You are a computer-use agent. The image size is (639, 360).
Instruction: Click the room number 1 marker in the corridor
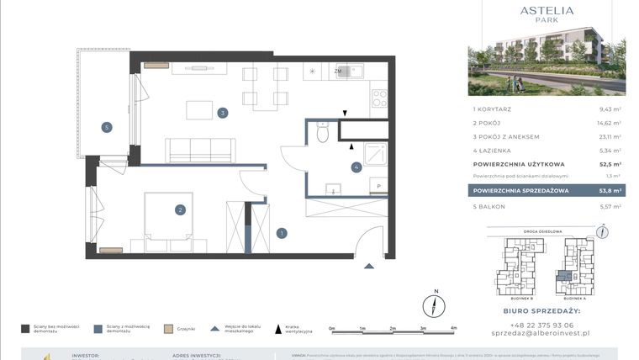(283, 233)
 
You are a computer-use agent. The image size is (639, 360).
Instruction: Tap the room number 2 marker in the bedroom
(180, 210)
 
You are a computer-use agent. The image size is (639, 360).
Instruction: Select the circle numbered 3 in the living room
(223, 112)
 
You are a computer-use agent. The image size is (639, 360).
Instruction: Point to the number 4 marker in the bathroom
(356, 167)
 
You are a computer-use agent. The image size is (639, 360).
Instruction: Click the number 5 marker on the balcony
(106, 127)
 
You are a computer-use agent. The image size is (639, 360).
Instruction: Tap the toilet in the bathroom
(321, 132)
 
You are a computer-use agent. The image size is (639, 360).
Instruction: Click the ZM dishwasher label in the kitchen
(338, 72)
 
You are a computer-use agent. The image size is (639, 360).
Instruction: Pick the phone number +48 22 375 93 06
(546, 325)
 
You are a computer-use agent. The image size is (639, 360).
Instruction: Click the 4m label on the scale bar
(453, 329)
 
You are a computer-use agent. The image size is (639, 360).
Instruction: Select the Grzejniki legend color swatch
(168, 329)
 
